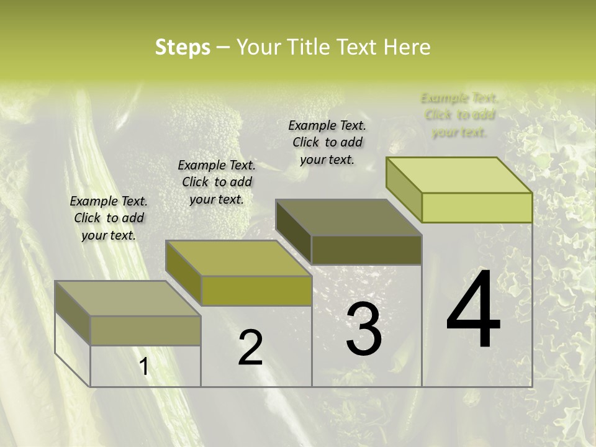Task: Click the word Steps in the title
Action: coord(182,47)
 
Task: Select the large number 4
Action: coord(473,310)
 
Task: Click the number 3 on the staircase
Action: coord(364,329)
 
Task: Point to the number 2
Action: coord(250,348)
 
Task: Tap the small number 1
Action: coord(144,366)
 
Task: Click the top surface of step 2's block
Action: coord(238,258)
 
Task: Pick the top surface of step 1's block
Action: coord(128,299)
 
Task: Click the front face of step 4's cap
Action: coord(477,207)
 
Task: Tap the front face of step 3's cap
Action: coord(366,250)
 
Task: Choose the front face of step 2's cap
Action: coord(256,291)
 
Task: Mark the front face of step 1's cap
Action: coord(145,330)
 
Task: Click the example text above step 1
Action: coord(109,218)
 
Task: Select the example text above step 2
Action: coord(217,182)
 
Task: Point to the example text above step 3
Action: coord(327,142)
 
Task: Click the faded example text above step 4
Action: coord(459,115)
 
